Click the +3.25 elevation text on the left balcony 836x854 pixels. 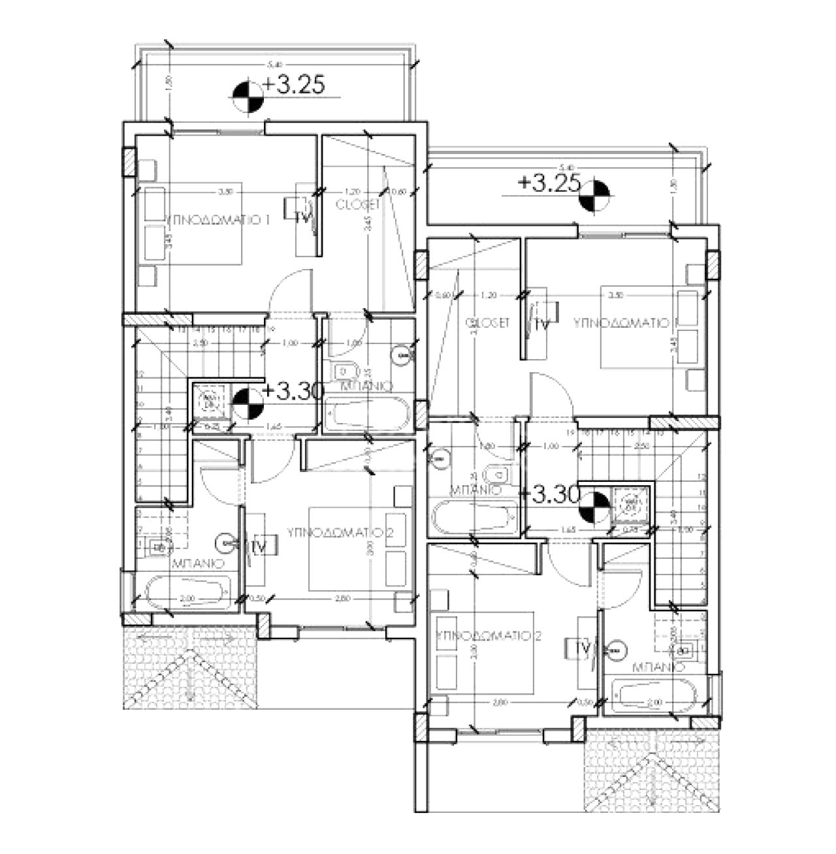click(x=294, y=86)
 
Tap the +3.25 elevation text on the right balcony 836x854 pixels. click(x=549, y=183)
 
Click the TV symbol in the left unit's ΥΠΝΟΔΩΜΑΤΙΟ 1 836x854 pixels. click(x=301, y=218)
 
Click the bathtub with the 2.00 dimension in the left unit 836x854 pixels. click(x=188, y=593)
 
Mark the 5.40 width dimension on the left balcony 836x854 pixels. click(x=273, y=65)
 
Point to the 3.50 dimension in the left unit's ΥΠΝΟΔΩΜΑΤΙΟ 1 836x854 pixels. click(x=225, y=192)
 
